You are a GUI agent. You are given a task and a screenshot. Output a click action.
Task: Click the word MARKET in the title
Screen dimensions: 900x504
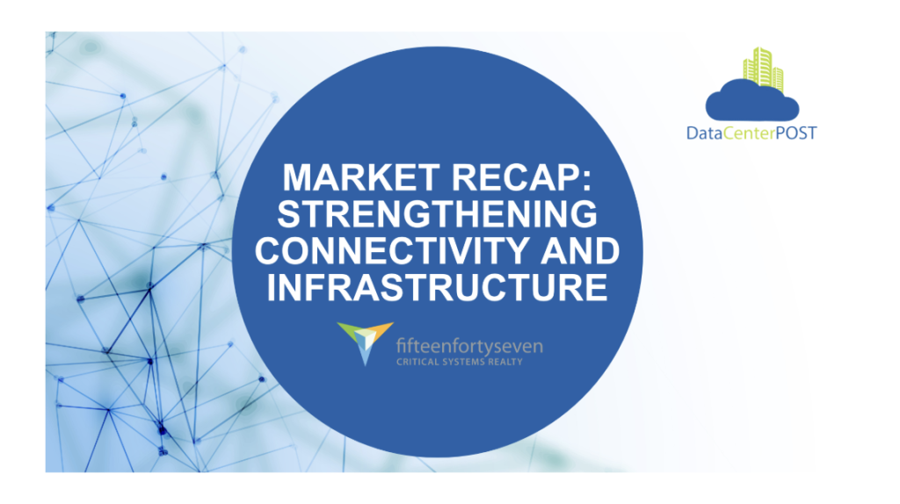click(361, 177)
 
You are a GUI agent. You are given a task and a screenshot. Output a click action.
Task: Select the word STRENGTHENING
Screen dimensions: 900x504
click(437, 214)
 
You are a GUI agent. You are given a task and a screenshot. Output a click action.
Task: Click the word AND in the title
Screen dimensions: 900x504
click(580, 250)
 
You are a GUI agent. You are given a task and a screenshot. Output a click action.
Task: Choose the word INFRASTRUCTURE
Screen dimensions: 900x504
click(437, 287)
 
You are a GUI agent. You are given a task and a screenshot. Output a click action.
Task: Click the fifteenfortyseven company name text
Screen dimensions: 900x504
click(469, 346)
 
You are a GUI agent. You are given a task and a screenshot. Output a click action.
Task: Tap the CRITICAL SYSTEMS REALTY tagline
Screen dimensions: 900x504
click(459, 362)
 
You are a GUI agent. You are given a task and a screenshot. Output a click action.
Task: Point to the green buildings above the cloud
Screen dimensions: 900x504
click(764, 68)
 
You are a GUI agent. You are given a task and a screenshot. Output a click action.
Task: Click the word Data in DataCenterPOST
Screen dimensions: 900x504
click(704, 133)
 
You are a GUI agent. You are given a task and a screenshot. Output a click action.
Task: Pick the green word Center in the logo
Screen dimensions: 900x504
click(749, 133)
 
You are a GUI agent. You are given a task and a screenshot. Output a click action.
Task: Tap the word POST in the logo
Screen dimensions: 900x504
click(796, 133)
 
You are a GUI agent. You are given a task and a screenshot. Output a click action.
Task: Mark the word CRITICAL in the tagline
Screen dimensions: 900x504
click(417, 362)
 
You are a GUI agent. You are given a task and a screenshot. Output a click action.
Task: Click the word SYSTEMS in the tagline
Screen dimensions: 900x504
click(463, 362)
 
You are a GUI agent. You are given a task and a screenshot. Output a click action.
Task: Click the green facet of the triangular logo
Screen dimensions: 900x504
click(348, 331)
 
